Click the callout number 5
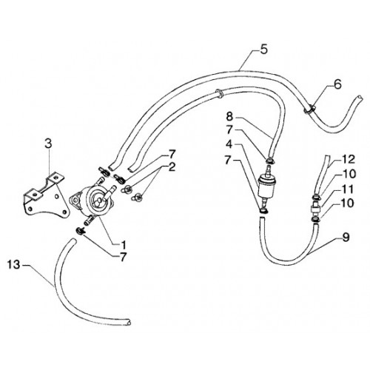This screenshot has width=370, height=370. (x=263, y=49)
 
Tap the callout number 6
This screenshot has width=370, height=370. (x=337, y=84)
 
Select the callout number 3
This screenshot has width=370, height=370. (x=48, y=144)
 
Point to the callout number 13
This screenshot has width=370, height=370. (x=13, y=265)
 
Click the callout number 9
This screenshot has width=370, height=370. (x=346, y=238)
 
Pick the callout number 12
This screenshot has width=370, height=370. (x=349, y=159)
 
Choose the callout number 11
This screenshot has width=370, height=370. (x=348, y=189)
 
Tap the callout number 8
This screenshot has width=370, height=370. (x=229, y=116)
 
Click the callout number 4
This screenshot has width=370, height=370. (x=229, y=144)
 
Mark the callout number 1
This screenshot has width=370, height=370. (x=123, y=245)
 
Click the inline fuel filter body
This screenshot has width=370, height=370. (x=266, y=186)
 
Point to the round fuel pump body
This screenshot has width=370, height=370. (x=95, y=201)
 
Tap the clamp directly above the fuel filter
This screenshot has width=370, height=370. (x=270, y=161)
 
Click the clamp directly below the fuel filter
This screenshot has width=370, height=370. (x=264, y=211)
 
